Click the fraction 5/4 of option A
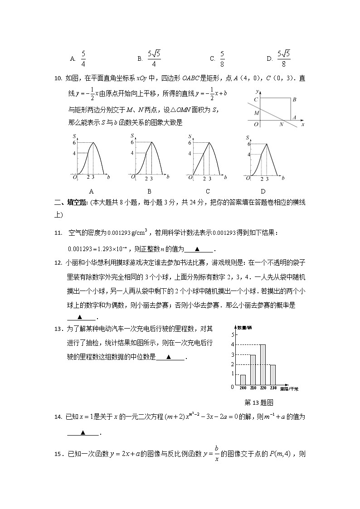pyautogui.click(x=83, y=58)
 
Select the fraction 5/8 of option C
pyautogui.click(x=222, y=58)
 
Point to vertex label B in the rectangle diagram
pyautogui.click(x=294, y=99)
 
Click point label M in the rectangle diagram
pyautogui.click(x=257, y=112)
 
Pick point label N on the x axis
pyautogui.click(x=281, y=124)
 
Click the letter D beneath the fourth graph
pyautogui.click(x=263, y=191)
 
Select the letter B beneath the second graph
pyautogui.click(x=149, y=191)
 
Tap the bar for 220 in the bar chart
pyautogui.click(x=263, y=364)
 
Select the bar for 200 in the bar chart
pyautogui.click(x=243, y=379)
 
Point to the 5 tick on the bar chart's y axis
pyautogui.click(x=233, y=334)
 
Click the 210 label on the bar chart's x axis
pyautogui.click(x=253, y=388)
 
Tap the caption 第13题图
pyautogui.click(x=259, y=402)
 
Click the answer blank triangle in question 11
pyautogui.click(x=197, y=249)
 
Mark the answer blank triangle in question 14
pyautogui.click(x=83, y=432)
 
